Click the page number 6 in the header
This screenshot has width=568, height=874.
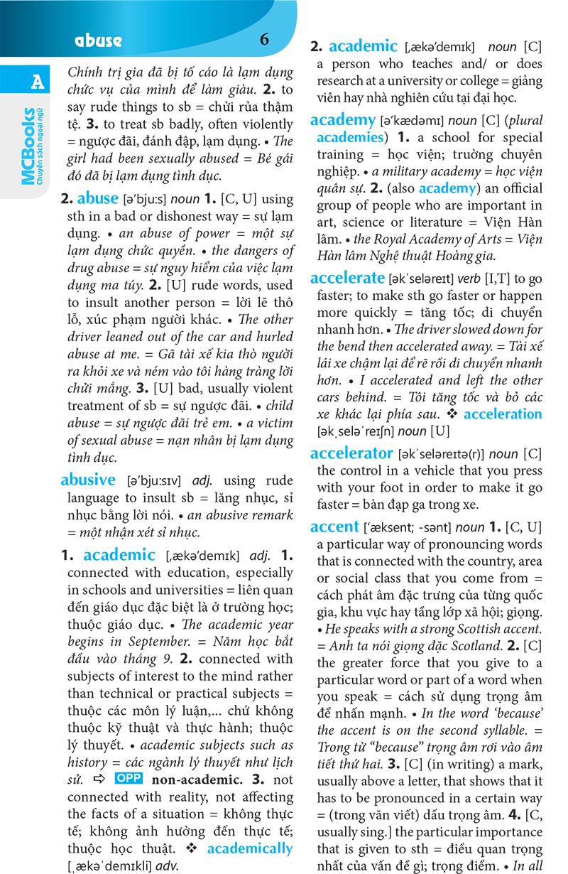click(265, 39)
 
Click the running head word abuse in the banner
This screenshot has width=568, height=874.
click(98, 41)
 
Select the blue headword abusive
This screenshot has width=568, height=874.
click(88, 479)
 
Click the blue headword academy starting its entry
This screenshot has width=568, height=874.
click(343, 119)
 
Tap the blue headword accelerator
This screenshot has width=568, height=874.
click(351, 453)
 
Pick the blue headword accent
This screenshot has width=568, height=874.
click(334, 527)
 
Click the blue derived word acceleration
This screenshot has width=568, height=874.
click(503, 414)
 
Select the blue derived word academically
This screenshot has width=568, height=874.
click(249, 848)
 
